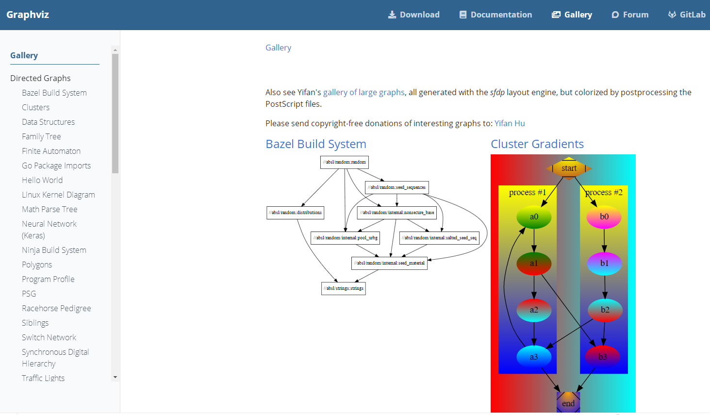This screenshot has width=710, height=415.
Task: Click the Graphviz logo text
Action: click(28, 15)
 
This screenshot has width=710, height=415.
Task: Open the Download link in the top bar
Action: click(414, 15)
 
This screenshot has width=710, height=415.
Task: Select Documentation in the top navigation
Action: click(495, 15)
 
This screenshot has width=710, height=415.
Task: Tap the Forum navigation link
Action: click(630, 15)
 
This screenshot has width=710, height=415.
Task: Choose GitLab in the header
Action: click(687, 15)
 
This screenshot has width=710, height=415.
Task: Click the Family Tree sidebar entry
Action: click(41, 136)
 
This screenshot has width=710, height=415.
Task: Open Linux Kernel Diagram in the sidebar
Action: click(58, 195)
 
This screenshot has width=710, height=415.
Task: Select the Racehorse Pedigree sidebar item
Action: click(56, 308)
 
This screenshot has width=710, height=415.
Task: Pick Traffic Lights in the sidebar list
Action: click(43, 378)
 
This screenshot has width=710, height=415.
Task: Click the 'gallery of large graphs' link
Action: click(363, 92)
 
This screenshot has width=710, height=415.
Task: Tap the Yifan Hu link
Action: click(510, 123)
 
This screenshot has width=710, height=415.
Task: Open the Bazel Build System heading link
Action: click(315, 144)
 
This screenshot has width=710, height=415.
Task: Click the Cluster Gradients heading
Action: click(537, 144)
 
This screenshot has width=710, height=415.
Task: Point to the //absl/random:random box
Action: click(345, 162)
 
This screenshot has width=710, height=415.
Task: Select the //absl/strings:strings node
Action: click(344, 288)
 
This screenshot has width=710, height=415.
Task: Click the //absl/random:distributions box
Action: click(296, 213)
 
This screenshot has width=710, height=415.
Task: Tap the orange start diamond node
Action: click(569, 168)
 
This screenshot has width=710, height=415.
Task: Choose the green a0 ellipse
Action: click(534, 217)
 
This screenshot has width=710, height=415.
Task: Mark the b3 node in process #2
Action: click(602, 357)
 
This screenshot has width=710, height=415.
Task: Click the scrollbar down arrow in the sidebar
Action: click(115, 377)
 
